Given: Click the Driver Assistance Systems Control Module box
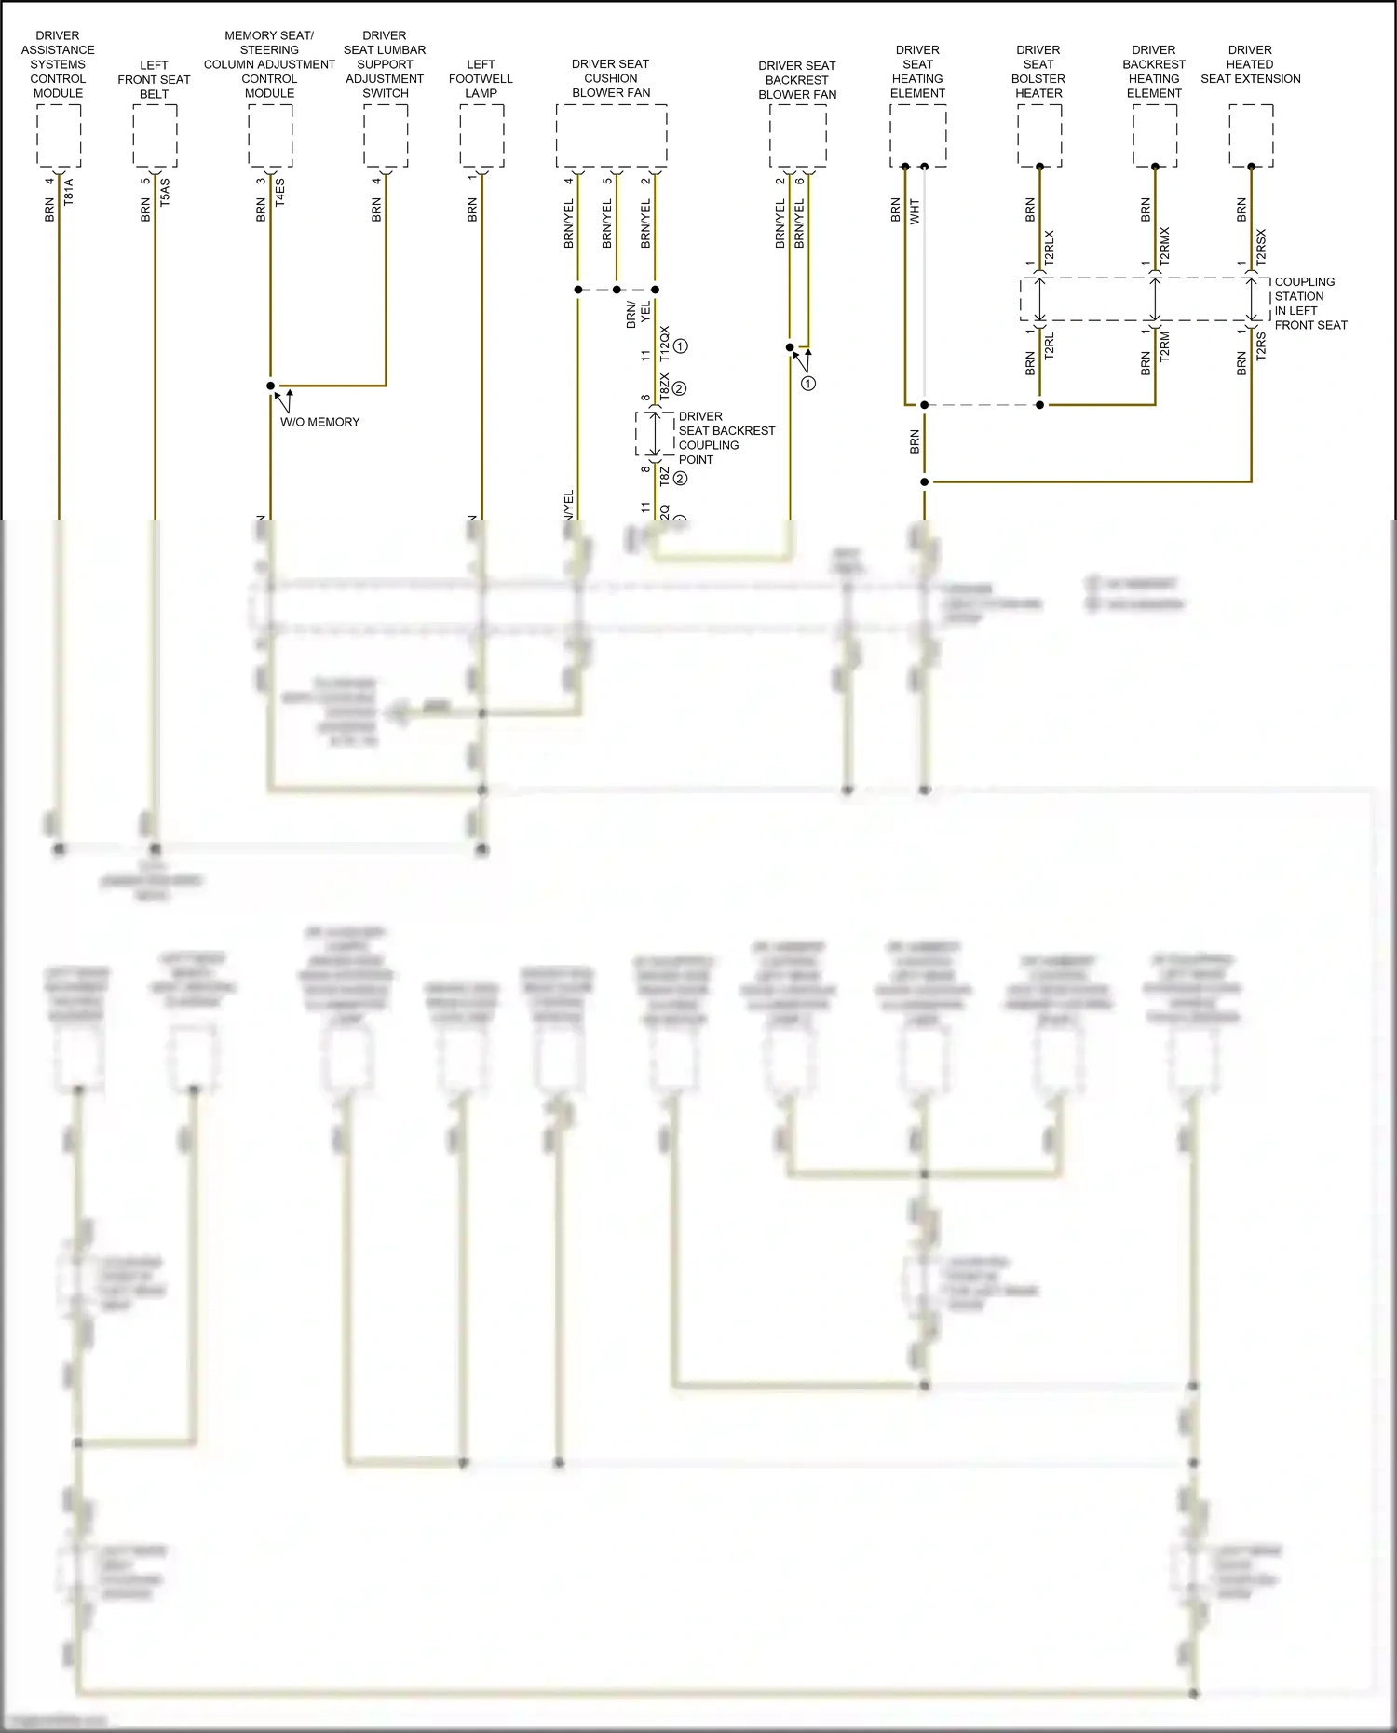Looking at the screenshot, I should (x=59, y=136).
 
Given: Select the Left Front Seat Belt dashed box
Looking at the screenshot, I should (x=155, y=136).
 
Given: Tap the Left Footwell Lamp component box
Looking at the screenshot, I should (x=481, y=136).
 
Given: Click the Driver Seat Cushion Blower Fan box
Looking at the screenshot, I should (x=611, y=136).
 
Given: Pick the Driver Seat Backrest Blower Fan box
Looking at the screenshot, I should (x=798, y=136).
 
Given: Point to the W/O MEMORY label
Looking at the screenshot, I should (x=319, y=422).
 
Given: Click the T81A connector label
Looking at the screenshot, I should (x=69, y=192).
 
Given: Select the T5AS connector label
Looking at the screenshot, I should (x=165, y=192).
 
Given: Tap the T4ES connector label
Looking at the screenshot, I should (x=280, y=192).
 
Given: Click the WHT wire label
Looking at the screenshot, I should (x=915, y=211).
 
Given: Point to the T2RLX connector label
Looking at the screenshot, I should (x=1050, y=248).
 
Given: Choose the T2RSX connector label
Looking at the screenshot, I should (x=1261, y=248).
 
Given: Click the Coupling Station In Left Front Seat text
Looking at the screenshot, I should (x=1309, y=304).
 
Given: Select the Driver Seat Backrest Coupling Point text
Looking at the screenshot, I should (x=726, y=438).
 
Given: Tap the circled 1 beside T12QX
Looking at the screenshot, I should (x=681, y=346).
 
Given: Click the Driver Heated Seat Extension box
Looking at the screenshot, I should (x=1251, y=136).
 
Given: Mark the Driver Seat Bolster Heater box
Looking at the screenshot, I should (x=1039, y=136).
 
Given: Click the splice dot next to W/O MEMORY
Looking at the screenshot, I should (x=271, y=386).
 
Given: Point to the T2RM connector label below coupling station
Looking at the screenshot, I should (x=1165, y=346).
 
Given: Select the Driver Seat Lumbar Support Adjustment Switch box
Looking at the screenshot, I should (x=386, y=136).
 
